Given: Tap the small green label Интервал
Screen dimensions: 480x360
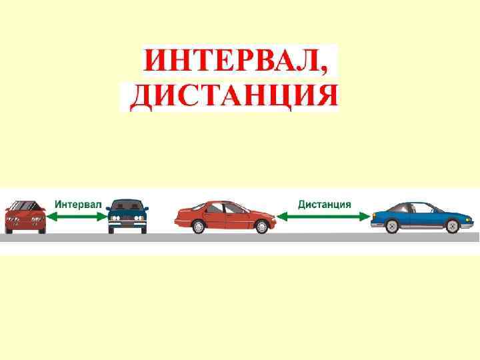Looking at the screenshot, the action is click(77, 204).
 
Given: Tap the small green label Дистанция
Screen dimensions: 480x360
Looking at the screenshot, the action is click(325, 204).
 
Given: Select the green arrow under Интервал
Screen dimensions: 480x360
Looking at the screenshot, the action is click(77, 216).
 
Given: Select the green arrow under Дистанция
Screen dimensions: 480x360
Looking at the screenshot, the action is click(323, 216).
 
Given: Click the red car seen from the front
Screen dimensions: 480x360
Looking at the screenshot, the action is click(25, 216).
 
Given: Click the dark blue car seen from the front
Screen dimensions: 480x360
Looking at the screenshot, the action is click(128, 216).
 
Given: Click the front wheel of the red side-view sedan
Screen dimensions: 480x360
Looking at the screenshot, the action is click(261, 227).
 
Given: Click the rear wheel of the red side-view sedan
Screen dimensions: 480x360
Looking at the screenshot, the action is click(198, 227).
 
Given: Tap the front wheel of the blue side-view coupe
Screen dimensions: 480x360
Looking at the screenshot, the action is click(454, 226).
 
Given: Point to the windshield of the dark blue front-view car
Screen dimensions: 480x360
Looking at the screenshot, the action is click(128, 206).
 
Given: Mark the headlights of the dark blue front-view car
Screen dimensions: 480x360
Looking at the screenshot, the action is click(128, 219).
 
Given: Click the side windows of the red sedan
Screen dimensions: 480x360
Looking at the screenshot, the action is click(226, 208).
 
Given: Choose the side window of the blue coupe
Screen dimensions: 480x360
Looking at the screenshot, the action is click(417, 208).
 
